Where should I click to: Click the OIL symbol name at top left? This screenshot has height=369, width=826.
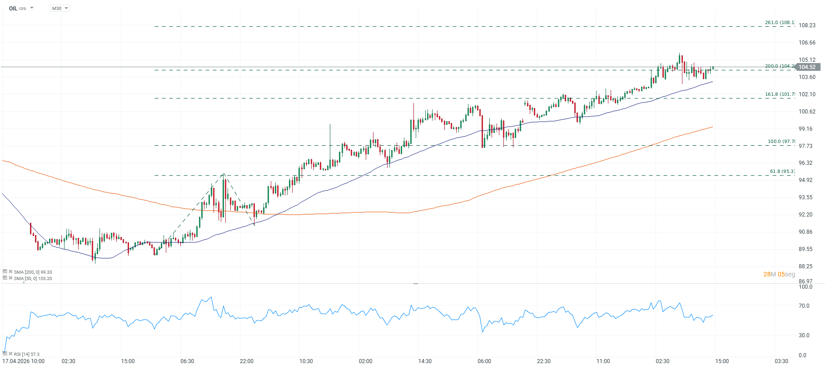pos(13,9)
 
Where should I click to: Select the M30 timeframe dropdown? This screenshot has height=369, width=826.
pos(60,9)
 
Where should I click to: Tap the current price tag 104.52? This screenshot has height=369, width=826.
pos(807,67)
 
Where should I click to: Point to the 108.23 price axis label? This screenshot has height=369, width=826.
pos(807,25)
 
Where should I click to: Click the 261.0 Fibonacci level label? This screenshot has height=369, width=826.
pos(780,23)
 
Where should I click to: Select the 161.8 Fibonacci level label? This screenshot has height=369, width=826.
pos(780,94)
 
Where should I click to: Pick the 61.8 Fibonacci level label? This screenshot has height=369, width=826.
pos(782,172)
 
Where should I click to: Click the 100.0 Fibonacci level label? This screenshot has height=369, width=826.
pos(781,142)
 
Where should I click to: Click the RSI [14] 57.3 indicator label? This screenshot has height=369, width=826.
pos(26,354)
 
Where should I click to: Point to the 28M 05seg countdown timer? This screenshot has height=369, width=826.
pos(779,274)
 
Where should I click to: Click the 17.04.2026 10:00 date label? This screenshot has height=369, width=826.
pos(24,361)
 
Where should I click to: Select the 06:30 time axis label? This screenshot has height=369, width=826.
pos(187,361)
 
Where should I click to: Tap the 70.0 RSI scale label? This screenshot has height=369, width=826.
pos(804,306)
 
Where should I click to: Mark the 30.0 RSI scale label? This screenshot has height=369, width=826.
pos(804,335)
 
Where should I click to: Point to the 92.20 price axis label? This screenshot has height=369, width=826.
pos(806,215)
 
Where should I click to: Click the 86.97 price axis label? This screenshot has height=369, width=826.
pos(806,281)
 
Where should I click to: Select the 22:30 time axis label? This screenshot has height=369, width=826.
pos(544,361)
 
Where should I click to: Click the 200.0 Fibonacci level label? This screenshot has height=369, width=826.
pos(780,66)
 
